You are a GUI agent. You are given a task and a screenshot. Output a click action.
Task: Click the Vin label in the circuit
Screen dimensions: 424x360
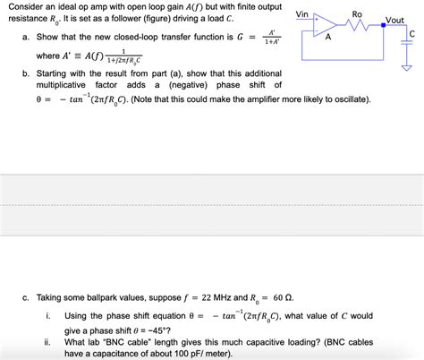pos(303,14)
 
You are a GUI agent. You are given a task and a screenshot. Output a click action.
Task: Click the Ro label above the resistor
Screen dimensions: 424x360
pos(358,14)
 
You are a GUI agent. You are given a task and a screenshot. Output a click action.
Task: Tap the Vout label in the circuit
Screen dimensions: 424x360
pos(394,20)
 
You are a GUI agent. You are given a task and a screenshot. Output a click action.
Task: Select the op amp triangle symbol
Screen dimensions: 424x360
pos(326,26)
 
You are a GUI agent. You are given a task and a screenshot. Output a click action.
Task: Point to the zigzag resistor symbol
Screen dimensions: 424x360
pos(359,26)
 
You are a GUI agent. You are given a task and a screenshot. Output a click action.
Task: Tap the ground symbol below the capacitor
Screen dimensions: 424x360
pos(406,65)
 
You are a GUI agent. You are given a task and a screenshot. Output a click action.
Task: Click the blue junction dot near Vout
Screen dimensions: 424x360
pos(383,26)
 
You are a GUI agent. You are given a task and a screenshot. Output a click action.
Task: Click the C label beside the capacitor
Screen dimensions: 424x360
pos(411,35)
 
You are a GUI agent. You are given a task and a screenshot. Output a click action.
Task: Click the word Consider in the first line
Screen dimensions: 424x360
pos(25,6)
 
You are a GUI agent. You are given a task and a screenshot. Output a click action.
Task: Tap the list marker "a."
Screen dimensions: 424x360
pos(27,38)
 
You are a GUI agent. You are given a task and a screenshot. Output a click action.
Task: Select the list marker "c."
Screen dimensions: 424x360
pos(27,296)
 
